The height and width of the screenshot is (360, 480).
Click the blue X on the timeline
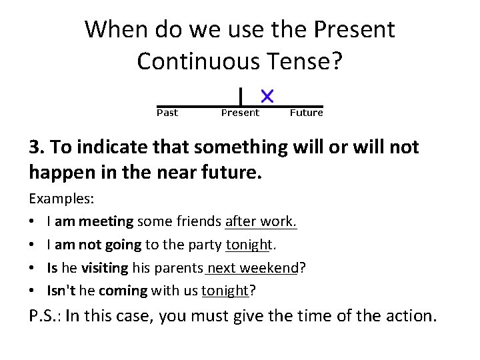[x=267, y=95]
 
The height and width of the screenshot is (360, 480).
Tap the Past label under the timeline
[x=167, y=113]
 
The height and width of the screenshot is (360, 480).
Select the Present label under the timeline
[x=240, y=113]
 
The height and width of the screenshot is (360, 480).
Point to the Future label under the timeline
[x=306, y=113]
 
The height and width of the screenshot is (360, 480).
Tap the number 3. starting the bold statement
[x=37, y=147]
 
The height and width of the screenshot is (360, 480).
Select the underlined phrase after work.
[x=261, y=221]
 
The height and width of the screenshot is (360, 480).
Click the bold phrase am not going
[x=99, y=244]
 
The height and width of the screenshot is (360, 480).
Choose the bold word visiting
[x=104, y=267]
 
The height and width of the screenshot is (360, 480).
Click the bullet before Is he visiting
[x=33, y=268]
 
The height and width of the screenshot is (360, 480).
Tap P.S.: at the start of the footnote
[x=45, y=315]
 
